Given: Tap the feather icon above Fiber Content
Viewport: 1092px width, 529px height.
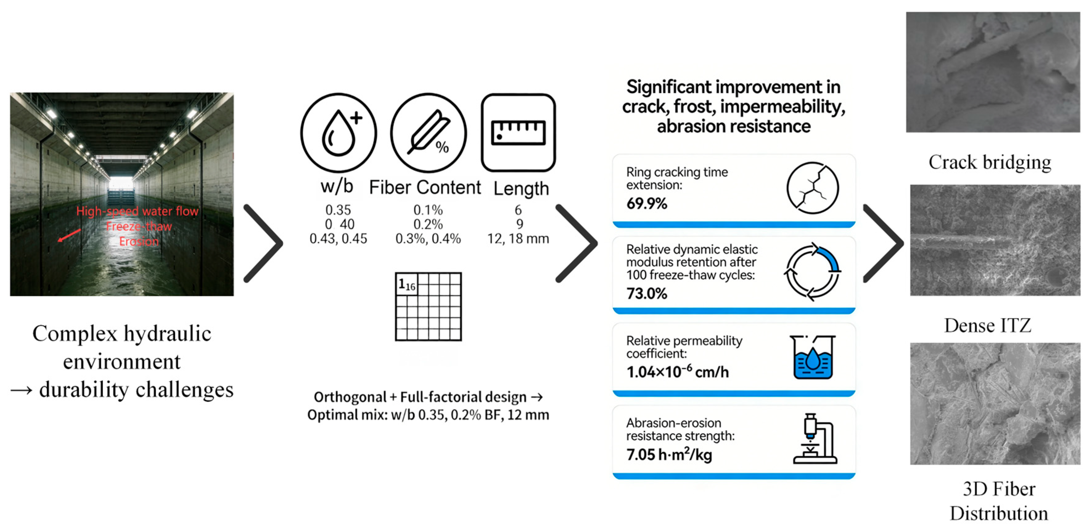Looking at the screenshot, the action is tap(428, 132).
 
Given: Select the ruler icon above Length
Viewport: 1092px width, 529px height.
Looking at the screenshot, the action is tap(518, 132).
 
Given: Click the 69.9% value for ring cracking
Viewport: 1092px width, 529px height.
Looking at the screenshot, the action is tap(647, 204).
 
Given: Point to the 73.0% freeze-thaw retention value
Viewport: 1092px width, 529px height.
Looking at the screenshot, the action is tap(647, 293).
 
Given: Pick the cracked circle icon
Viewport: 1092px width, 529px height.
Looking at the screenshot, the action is tap(812, 188).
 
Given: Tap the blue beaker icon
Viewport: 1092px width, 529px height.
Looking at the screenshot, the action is tap(812, 357).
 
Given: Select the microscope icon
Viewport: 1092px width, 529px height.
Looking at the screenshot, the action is tap(814, 439).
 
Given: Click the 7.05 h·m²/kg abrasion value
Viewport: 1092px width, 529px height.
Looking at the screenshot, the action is tap(669, 454).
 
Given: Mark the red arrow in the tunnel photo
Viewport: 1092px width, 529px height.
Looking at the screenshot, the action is tap(69, 235).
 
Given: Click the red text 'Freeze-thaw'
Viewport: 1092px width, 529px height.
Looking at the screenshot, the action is tap(139, 226).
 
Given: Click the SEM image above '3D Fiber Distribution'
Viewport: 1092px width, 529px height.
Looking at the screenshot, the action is tap(995, 404).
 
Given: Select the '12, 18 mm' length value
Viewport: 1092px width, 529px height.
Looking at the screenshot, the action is tap(518, 239).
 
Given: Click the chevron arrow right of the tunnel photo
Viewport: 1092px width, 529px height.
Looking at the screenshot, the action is tap(264, 243).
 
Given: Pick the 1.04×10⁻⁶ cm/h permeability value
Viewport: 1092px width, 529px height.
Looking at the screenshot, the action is tap(677, 372).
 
